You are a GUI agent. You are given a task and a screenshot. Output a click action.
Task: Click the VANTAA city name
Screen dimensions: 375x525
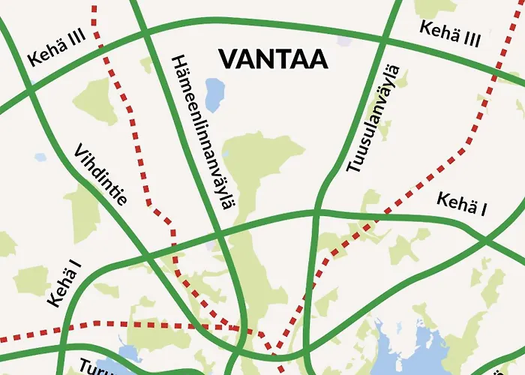273,59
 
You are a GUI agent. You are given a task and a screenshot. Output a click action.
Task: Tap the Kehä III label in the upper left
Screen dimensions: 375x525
56,49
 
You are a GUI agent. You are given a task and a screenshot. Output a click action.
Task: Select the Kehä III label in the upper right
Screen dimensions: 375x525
450,34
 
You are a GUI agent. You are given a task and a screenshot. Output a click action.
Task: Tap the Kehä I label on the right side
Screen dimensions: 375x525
461,204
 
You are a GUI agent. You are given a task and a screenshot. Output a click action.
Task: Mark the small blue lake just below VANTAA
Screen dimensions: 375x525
214,95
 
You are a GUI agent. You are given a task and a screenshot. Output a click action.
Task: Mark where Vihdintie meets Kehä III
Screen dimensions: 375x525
28,85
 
